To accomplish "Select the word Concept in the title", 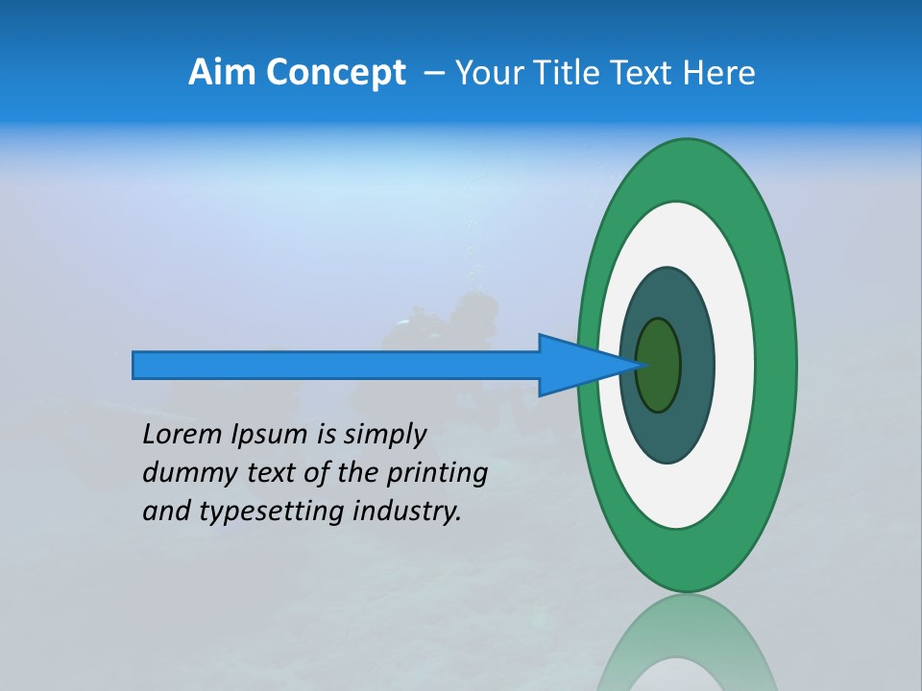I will click(337, 73).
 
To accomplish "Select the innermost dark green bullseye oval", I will click(659, 365).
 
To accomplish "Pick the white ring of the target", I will click(734, 365).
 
